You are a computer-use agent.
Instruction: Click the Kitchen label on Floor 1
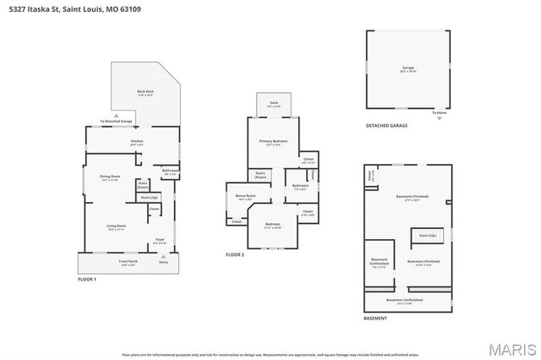137,142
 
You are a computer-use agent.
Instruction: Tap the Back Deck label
145,93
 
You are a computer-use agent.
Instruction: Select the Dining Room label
111,177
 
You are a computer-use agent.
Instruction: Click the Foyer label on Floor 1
159,240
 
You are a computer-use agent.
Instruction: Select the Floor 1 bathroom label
169,172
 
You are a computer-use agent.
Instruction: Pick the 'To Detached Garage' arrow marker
116,117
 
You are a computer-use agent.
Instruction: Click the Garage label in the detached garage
408,68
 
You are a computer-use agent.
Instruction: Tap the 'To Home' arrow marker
439,117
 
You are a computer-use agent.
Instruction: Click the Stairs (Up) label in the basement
428,235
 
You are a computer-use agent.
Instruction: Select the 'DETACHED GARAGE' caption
386,126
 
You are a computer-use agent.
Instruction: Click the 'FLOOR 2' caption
234,254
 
